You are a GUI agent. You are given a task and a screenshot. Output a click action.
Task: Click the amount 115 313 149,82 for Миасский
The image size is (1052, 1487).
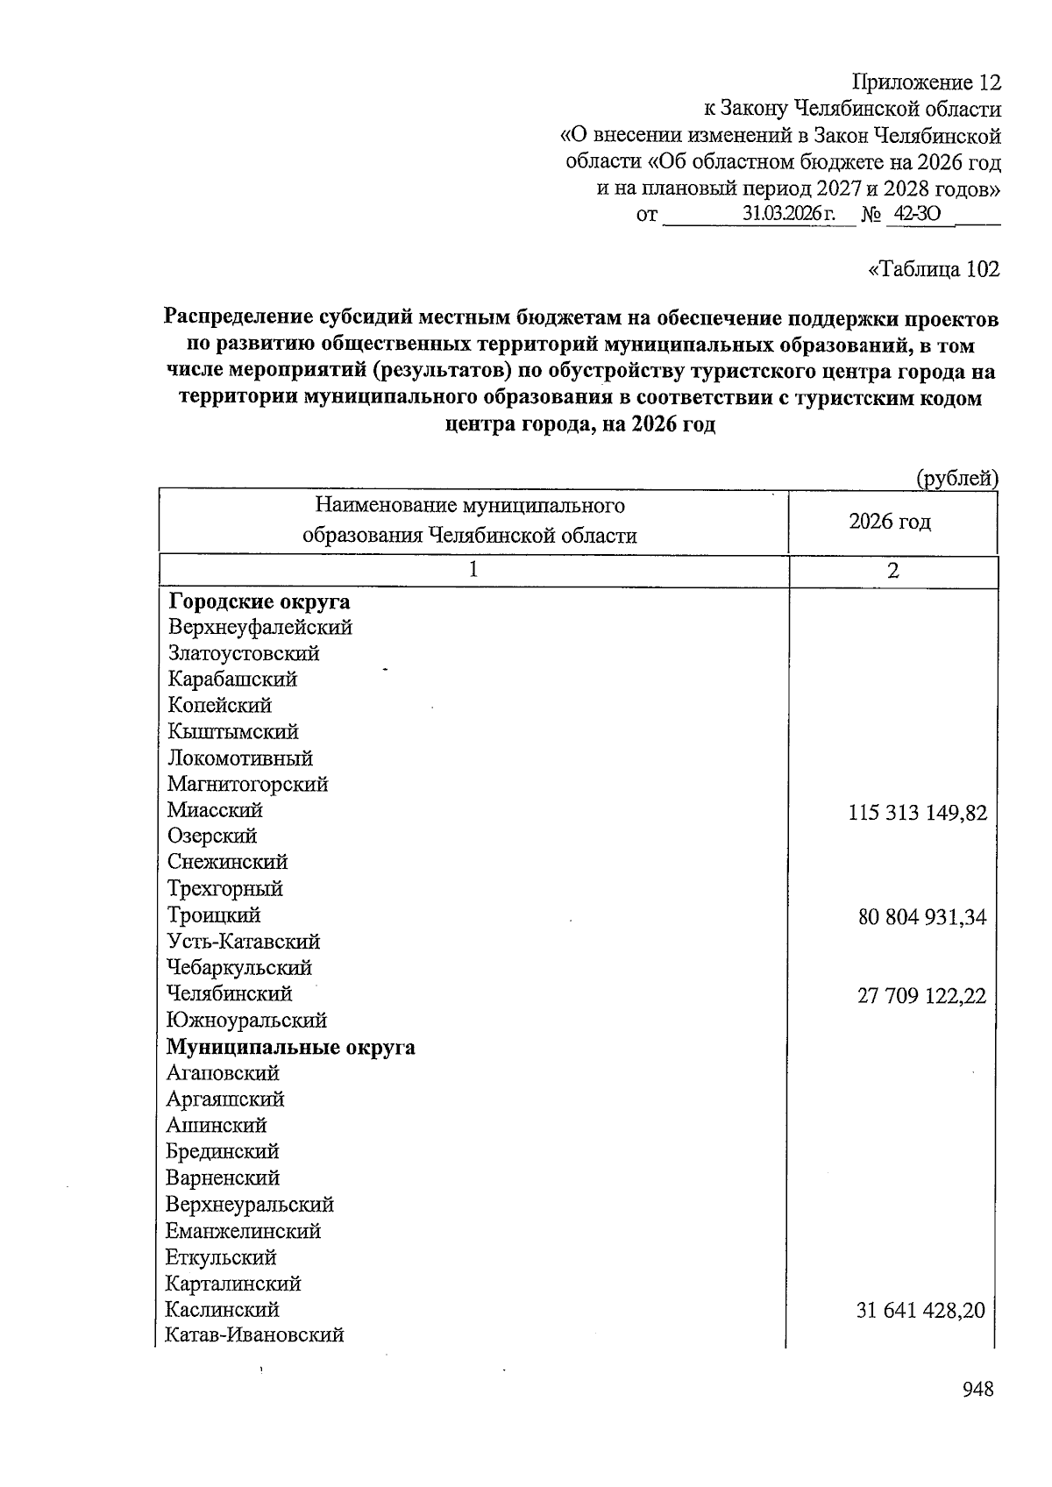tap(917, 813)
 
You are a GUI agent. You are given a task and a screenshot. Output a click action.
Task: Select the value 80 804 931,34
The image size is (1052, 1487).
tap(921, 918)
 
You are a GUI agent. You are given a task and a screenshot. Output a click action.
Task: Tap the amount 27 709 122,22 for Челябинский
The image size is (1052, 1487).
tap(921, 996)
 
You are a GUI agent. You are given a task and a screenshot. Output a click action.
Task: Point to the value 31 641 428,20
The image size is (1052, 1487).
tap(920, 1311)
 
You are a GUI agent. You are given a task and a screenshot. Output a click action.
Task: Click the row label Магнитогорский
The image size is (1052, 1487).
tap(248, 784)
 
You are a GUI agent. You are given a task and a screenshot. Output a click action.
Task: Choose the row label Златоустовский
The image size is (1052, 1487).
tap(244, 653)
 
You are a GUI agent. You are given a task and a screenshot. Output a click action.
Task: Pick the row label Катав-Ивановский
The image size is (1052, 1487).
tap(255, 1335)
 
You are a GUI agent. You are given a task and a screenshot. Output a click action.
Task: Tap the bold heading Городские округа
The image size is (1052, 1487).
tap(259, 602)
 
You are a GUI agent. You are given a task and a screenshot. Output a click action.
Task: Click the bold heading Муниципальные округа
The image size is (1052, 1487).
tap(291, 1048)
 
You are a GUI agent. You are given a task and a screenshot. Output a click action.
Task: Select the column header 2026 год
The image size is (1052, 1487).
tap(890, 523)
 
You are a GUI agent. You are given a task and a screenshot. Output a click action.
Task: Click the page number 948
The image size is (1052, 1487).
tap(977, 1390)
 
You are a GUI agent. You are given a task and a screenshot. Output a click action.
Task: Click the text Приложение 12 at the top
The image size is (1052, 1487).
tap(927, 82)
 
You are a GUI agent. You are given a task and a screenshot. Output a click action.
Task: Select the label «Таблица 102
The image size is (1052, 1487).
tap(933, 268)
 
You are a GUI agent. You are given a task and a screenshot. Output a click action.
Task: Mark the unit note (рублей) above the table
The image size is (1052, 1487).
tap(956, 479)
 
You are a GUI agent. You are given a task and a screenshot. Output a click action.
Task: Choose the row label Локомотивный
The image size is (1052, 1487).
tap(240, 758)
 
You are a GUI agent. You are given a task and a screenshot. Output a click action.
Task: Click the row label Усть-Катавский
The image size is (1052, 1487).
tap(244, 942)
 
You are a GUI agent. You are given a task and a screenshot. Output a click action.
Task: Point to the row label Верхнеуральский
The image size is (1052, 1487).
tap(250, 1205)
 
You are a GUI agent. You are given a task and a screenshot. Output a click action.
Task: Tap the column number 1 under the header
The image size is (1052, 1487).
tap(473, 571)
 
